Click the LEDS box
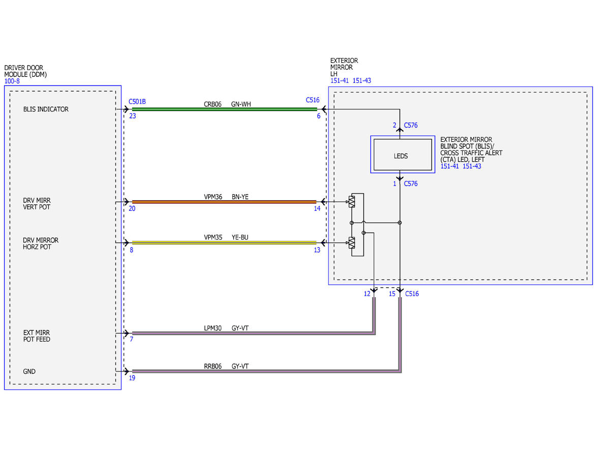point(403,154)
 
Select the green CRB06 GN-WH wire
point(225,109)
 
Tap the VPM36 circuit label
point(213,197)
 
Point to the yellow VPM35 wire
point(224,243)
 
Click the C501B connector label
point(137,102)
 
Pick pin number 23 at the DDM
point(133,116)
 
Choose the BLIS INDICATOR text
point(46,109)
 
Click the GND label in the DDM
point(29,371)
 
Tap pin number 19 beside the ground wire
point(132,378)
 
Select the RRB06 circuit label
point(212,366)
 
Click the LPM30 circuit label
point(212,328)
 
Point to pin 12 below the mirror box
point(367,294)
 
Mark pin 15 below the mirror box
point(392,294)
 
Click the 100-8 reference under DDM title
point(12,81)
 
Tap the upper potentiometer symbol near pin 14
point(351,202)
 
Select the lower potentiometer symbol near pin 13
point(351,243)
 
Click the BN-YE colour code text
point(240,197)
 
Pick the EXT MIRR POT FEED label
point(37,336)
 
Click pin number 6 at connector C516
point(319,116)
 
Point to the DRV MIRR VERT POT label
point(37,204)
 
